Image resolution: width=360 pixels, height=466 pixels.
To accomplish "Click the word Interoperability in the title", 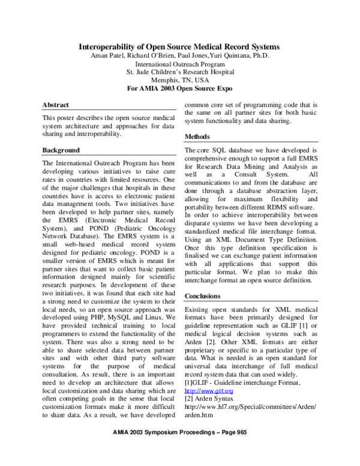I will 110,47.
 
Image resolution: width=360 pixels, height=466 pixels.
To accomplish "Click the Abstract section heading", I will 56,105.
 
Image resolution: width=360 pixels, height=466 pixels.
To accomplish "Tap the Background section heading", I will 61,150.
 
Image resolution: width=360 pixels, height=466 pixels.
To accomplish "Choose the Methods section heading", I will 197,137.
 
